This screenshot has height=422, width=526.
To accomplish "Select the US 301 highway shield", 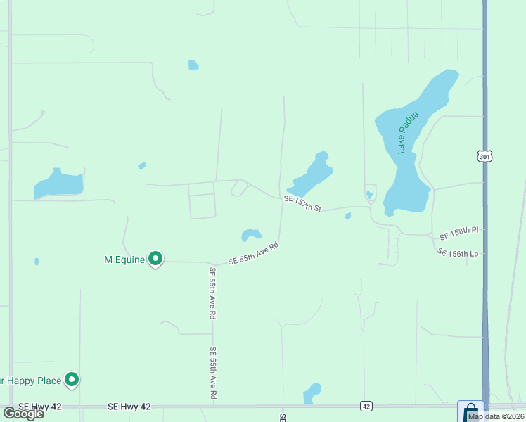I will [484, 156].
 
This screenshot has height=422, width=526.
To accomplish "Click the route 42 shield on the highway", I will [366, 407].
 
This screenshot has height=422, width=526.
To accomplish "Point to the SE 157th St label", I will [302, 204].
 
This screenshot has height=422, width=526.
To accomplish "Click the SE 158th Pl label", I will [458, 231].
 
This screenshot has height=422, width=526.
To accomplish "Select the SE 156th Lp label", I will [457, 252].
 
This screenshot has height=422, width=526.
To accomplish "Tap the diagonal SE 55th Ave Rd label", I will [253, 254].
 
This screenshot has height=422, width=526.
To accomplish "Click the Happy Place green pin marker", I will [72, 380].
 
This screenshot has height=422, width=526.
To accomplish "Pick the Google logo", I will [23, 414].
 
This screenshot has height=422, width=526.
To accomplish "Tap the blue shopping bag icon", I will [470, 411].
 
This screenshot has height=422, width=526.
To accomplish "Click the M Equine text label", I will [124, 260].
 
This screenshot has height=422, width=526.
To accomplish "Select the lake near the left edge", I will [59, 184].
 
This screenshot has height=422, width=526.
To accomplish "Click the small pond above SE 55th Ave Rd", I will [251, 234].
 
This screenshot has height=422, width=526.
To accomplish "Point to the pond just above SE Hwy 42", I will [312, 392].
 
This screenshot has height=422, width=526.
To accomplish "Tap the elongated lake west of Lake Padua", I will [311, 174].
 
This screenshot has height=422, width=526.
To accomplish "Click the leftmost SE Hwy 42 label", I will [35, 407].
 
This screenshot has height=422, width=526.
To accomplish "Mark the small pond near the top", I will [193, 65].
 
